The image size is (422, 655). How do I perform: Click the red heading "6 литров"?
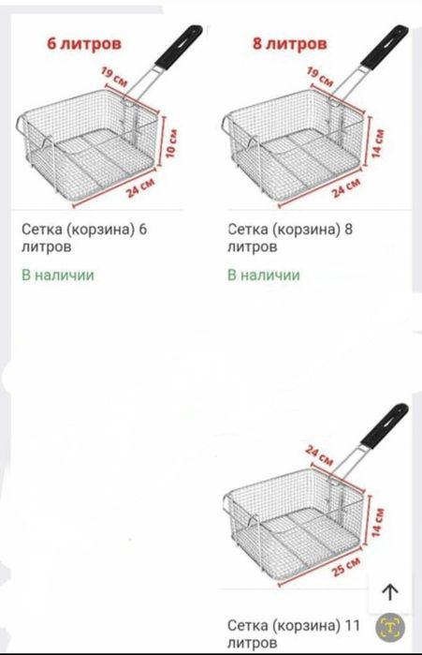click(85, 43)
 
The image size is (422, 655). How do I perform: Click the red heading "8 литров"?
click(290, 43)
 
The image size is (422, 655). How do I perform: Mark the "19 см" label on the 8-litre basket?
click(321, 79)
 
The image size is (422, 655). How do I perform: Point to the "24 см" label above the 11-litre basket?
click(319, 454)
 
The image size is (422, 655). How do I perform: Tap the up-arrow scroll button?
click(390, 591)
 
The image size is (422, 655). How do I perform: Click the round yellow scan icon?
click(394, 627)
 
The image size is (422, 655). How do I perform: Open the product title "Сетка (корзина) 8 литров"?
click(295, 236)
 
